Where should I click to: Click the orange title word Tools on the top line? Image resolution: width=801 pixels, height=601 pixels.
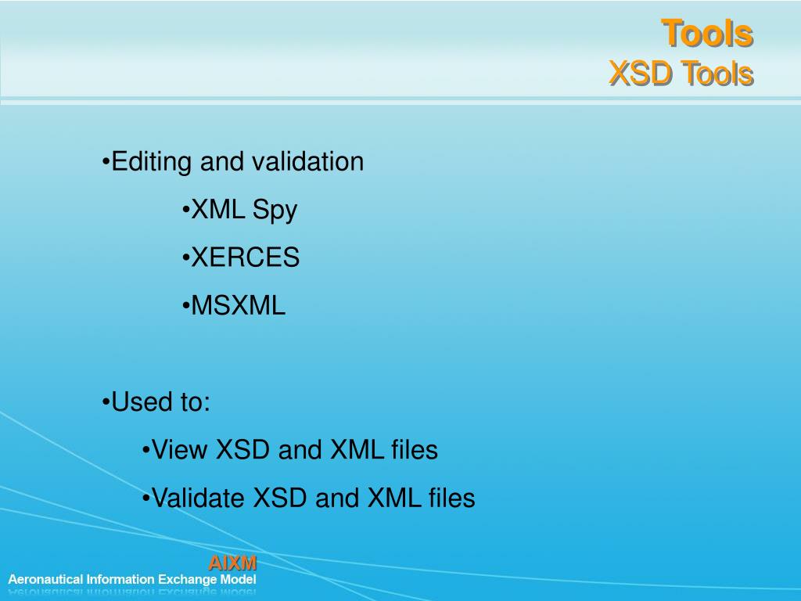[707, 34]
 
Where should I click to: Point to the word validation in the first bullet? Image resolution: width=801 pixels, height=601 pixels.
[307, 162]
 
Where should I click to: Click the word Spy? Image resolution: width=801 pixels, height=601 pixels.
[275, 211]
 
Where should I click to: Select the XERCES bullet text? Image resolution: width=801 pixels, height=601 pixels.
[245, 257]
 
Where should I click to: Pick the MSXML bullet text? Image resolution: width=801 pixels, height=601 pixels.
[239, 306]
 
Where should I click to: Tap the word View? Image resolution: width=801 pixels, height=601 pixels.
[180, 450]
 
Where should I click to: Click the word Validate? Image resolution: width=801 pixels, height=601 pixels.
[199, 498]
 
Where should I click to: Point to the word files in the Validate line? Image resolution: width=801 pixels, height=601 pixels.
[451, 498]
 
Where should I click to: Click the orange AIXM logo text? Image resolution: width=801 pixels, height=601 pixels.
[232, 563]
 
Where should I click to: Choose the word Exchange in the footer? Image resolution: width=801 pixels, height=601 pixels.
[188, 580]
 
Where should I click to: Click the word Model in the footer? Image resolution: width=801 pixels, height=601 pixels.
[238, 580]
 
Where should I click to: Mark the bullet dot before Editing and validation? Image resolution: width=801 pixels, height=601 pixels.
[106, 163]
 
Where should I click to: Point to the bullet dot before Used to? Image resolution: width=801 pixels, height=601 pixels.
[106, 403]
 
